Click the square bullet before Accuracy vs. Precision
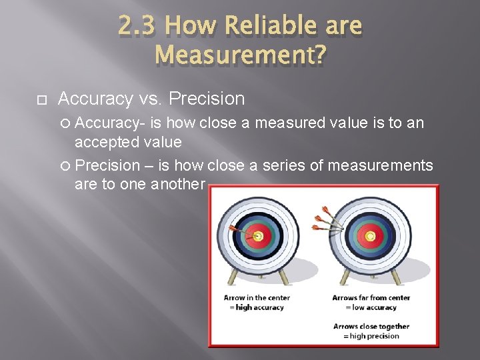pyautogui.click(x=40, y=100)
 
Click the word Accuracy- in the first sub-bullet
pyautogui.click(x=111, y=123)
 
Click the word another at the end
pyautogui.click(x=179, y=184)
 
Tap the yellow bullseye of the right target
pyautogui.click(x=370, y=235)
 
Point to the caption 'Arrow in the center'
pyautogui.click(x=257, y=297)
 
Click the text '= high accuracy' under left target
pyautogui.click(x=257, y=307)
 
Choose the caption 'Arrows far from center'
pyautogui.click(x=371, y=297)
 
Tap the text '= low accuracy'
pyautogui.click(x=371, y=307)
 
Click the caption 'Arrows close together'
pyautogui.click(x=371, y=327)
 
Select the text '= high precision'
pyautogui.click(x=371, y=337)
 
